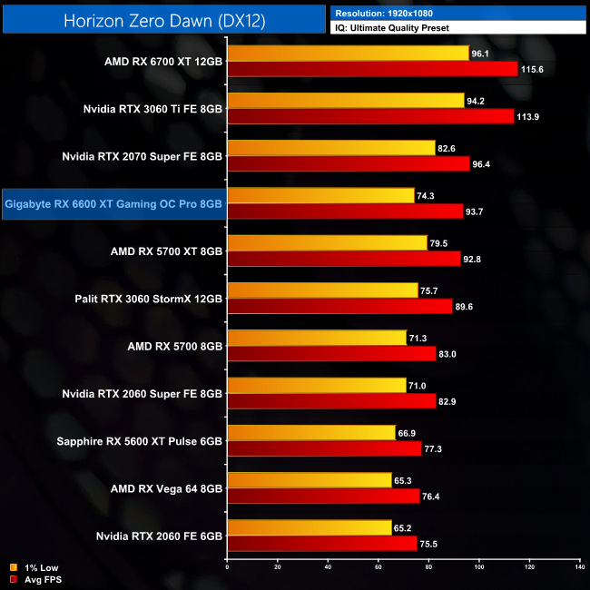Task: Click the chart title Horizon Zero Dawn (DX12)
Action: coord(164,20)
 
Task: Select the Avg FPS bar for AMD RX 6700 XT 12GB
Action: coord(372,69)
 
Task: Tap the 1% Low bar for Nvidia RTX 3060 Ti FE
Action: coord(346,101)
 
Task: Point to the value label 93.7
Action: coord(479,212)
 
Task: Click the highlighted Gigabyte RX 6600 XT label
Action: coord(113,204)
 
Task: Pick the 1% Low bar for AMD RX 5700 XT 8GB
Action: coord(327,242)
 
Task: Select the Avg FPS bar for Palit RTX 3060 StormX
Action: coord(339,306)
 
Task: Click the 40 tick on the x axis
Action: coord(328,568)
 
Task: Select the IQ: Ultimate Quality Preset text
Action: coord(396,28)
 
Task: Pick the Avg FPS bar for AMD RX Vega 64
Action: coord(323,496)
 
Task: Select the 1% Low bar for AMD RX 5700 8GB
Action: coord(317,338)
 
